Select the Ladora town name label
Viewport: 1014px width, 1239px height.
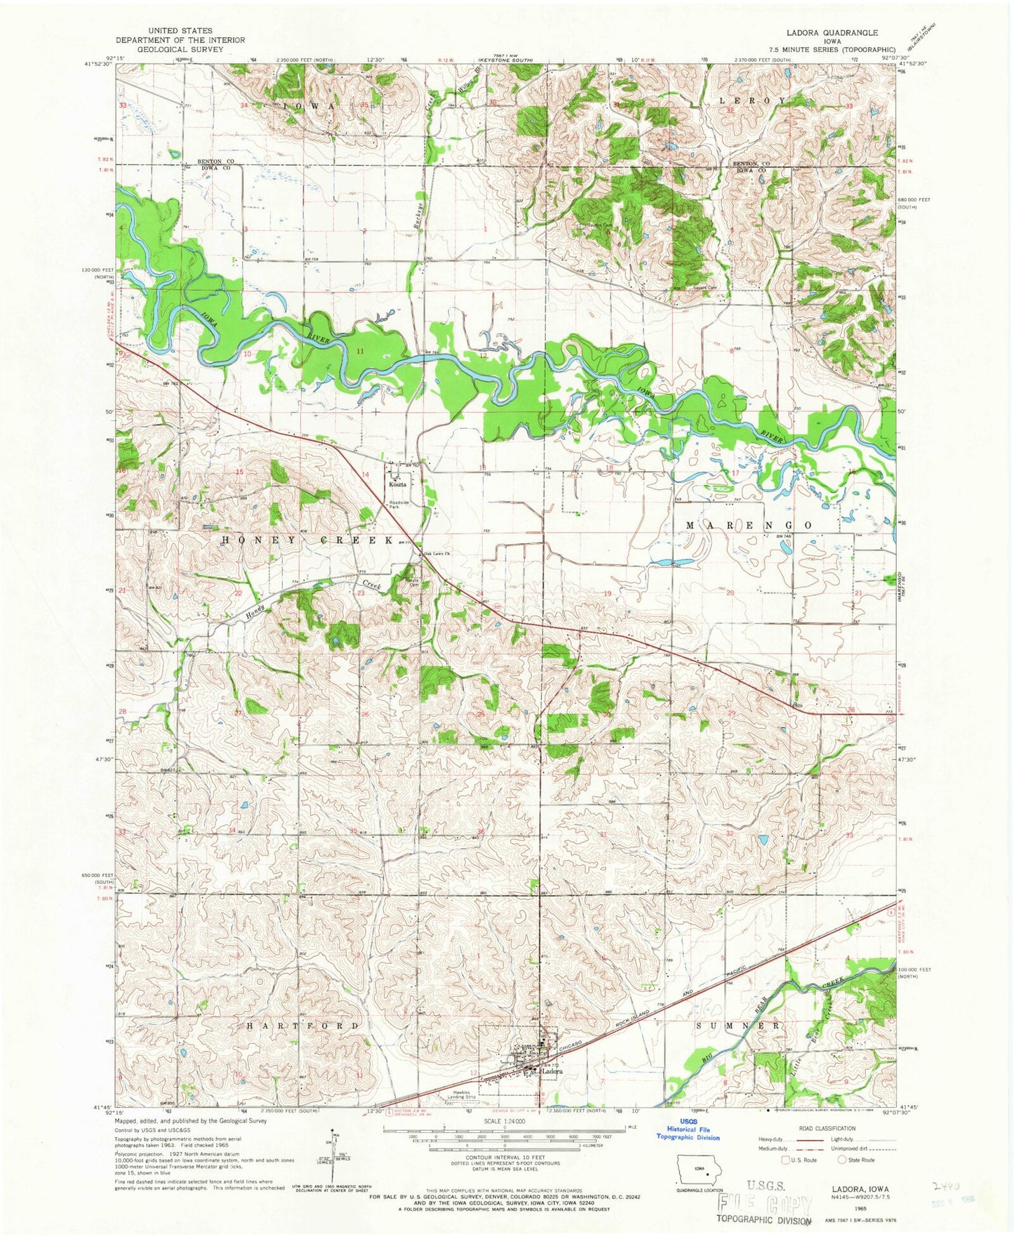552,1072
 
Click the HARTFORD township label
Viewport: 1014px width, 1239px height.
303,1026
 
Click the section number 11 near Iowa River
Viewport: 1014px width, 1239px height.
360,350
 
